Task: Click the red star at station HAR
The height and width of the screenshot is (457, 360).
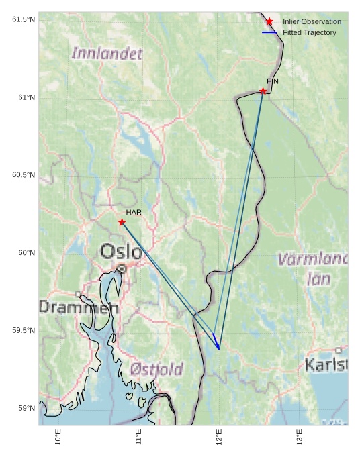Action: [122, 222]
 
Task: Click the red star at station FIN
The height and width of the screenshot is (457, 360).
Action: [263, 91]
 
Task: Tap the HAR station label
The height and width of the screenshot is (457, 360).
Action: [134, 213]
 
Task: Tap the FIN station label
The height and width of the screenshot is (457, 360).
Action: [273, 81]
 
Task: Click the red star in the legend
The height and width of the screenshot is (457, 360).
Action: [269, 21]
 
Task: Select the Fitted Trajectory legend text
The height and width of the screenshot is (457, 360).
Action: [310, 32]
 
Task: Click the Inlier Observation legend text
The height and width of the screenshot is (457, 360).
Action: [312, 21]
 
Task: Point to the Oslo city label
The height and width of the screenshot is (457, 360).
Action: [121, 252]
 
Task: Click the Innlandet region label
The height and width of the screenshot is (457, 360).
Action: [107, 54]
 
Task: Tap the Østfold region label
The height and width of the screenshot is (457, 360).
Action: [156, 370]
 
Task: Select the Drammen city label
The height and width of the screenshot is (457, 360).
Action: [78, 308]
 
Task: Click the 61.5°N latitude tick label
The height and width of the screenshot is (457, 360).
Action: [24, 19]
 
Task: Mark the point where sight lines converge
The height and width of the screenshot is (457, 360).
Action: [219, 349]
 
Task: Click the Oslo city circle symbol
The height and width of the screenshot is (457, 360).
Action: [122, 268]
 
